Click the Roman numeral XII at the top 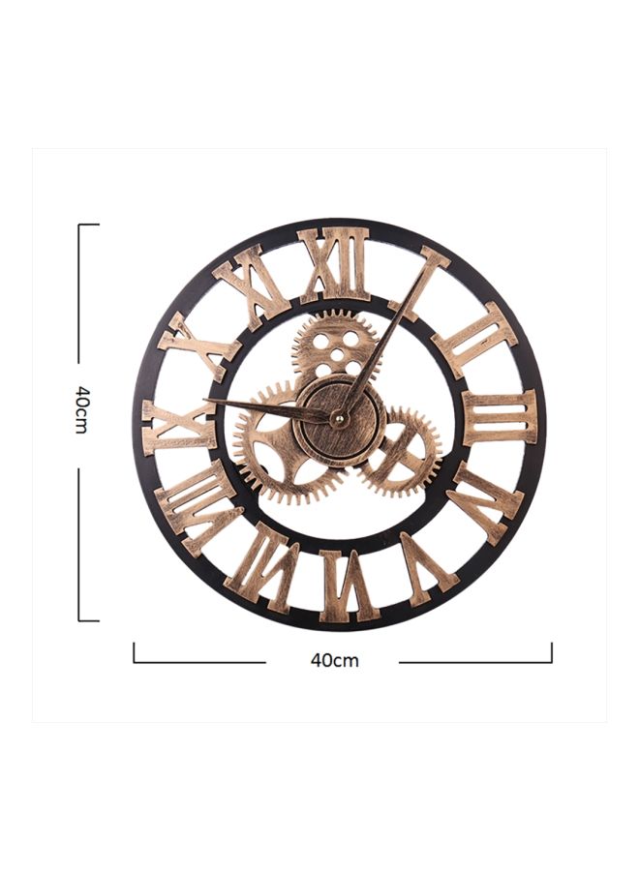(x=334, y=263)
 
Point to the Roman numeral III (x=500, y=418)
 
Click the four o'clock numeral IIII (x=483, y=501)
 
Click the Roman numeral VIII (x=198, y=506)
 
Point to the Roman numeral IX (x=178, y=426)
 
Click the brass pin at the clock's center (x=338, y=417)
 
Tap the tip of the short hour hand (x=206, y=401)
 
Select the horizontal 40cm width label (x=334, y=660)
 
